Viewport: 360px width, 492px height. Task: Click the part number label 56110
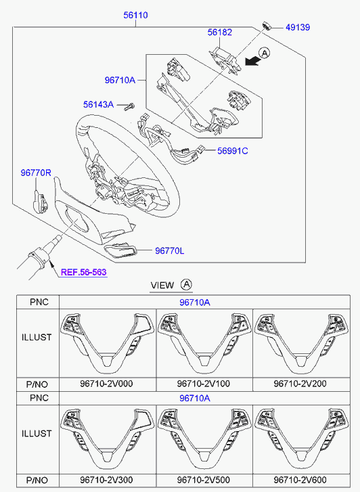pos(135,15)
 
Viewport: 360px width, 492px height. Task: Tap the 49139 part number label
pos(298,27)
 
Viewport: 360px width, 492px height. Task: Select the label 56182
pos(220,32)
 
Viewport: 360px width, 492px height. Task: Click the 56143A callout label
pos(98,104)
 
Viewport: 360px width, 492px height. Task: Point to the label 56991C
pos(233,151)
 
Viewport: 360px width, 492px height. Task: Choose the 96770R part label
pos(36,173)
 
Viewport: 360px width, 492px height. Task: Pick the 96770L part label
pos(169,250)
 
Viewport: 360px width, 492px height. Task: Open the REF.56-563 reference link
pos(84,272)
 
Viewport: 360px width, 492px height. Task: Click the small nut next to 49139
pos(267,26)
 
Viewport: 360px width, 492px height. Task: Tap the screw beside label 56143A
pos(129,106)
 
